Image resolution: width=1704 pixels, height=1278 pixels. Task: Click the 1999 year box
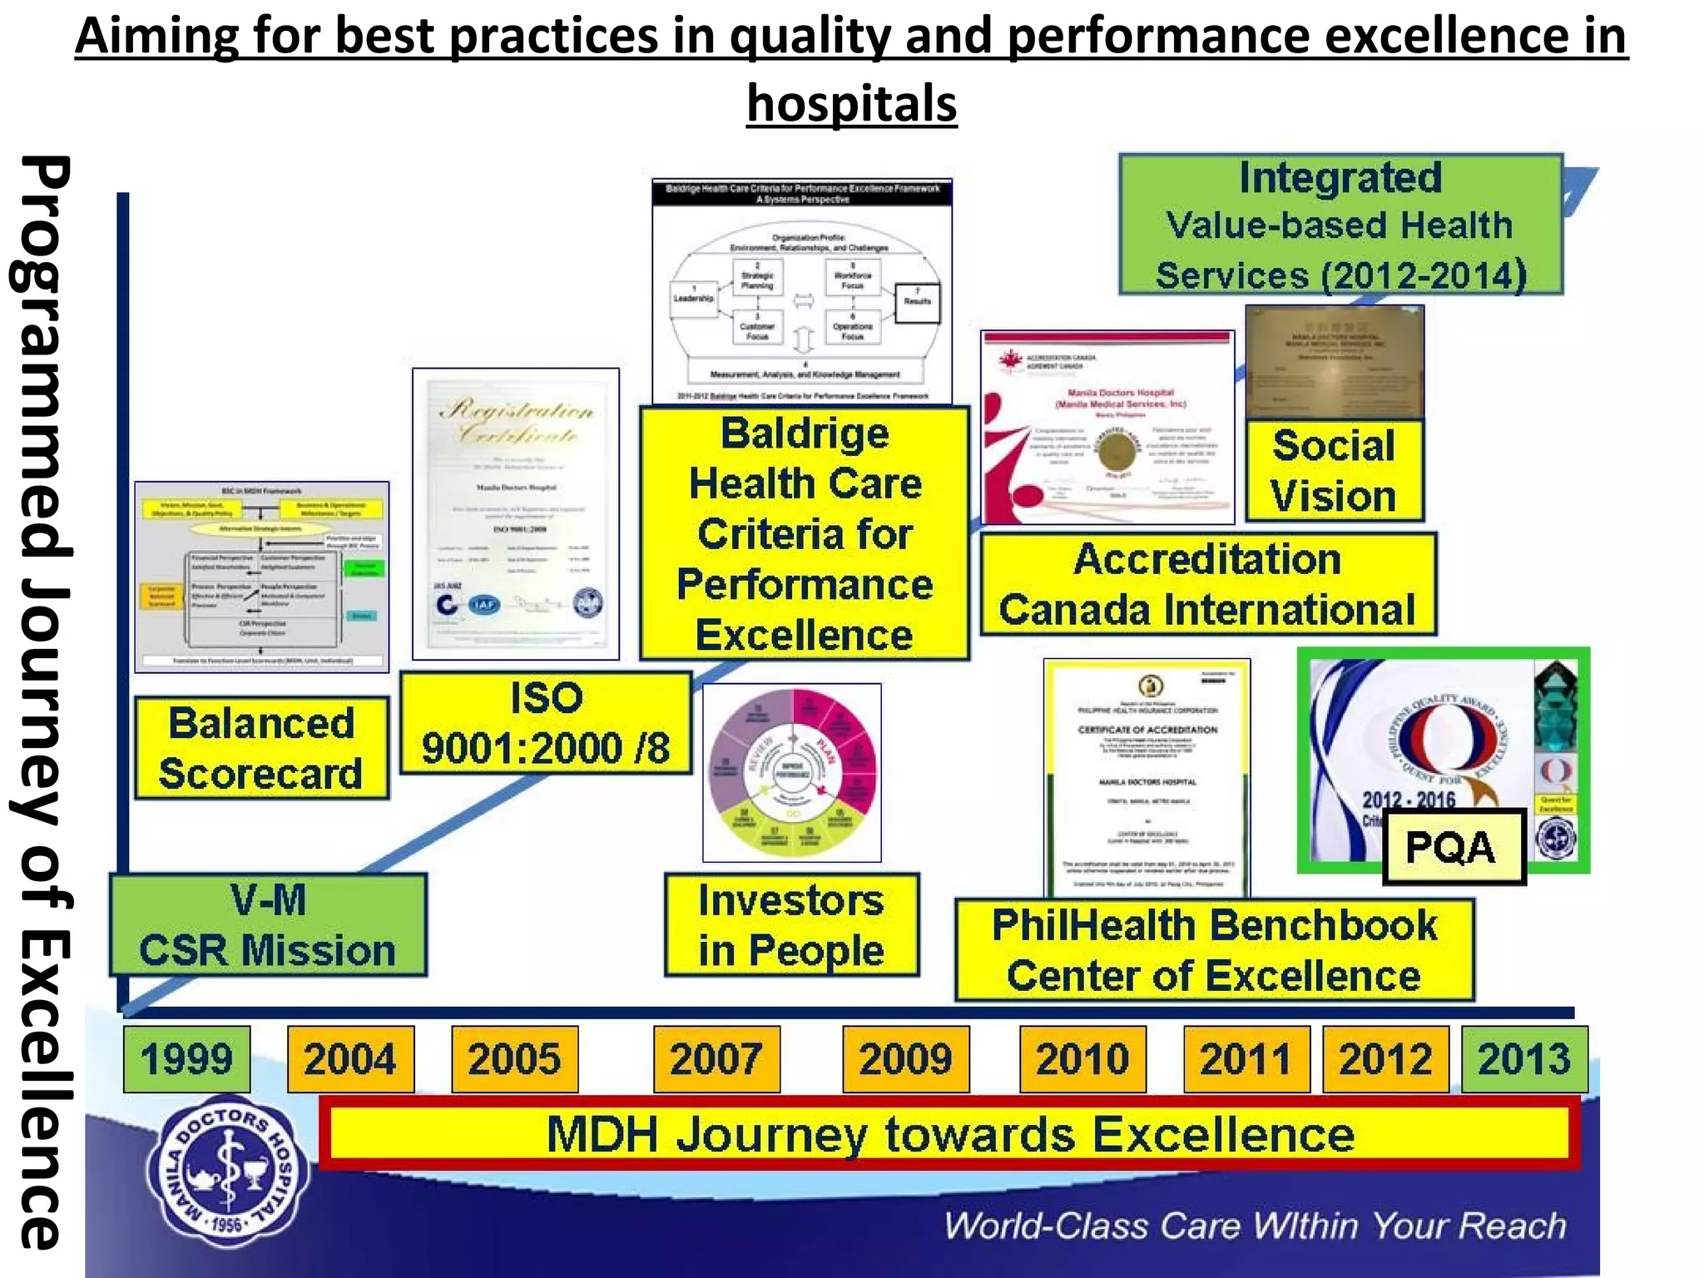[186, 1058]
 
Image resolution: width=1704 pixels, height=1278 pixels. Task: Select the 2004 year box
[350, 1058]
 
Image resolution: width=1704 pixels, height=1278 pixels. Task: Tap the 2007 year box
[716, 1058]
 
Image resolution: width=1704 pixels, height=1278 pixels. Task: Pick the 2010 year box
[1082, 1058]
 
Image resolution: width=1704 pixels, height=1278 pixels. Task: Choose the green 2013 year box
[1524, 1058]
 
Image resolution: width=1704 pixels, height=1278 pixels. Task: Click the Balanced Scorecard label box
[261, 748]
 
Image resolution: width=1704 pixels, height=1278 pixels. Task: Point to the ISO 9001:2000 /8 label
[546, 723]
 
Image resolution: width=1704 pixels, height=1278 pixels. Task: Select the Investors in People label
[791, 924]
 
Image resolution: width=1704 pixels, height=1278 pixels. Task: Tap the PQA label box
[1453, 847]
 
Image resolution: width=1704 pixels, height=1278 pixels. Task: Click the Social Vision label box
[1334, 471]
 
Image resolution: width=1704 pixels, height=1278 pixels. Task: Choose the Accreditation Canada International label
[1208, 584]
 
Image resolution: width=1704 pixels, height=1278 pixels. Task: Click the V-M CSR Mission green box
[268, 924]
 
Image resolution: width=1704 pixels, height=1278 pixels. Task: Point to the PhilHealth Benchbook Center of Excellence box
[1214, 950]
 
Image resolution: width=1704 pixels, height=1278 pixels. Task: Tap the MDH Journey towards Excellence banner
[949, 1134]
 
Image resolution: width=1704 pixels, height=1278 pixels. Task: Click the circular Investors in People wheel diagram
[791, 773]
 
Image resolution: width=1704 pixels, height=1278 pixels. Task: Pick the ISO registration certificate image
[516, 513]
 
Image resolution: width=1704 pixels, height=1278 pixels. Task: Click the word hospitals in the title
[851, 103]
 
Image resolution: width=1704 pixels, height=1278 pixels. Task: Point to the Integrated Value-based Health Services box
[1340, 225]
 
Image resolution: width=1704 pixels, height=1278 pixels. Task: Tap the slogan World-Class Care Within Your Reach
[1255, 1226]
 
